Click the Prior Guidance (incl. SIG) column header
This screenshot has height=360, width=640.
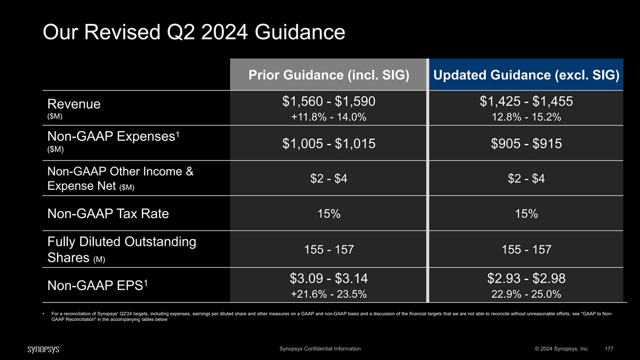pos(329,75)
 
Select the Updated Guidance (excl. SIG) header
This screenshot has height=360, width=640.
pos(526,75)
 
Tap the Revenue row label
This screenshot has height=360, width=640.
pos(74,104)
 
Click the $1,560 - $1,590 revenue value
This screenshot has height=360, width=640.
pos(329,101)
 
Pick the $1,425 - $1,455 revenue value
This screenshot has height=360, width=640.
pos(526,101)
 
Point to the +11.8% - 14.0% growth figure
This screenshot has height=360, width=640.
pos(329,117)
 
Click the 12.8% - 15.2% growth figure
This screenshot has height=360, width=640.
pos(526,117)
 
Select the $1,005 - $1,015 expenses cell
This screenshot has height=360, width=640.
pos(329,143)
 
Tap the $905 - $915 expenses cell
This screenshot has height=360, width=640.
pos(526,143)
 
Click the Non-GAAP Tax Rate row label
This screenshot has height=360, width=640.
pos(108,214)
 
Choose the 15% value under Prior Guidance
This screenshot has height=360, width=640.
pos(329,214)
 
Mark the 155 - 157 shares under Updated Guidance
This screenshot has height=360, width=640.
pos(526,250)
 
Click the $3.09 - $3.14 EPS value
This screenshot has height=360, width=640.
pos(329,278)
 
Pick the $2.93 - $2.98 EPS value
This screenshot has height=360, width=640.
pos(526,278)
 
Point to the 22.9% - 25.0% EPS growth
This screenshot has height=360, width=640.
pos(526,294)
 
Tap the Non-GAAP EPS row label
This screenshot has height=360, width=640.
pos(98,285)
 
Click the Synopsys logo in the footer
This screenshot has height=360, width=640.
pos(44,349)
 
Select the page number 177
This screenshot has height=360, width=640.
pos(609,349)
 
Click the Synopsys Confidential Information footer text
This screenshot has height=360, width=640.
pos(320,349)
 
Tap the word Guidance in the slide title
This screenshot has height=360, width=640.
pos(300,32)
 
